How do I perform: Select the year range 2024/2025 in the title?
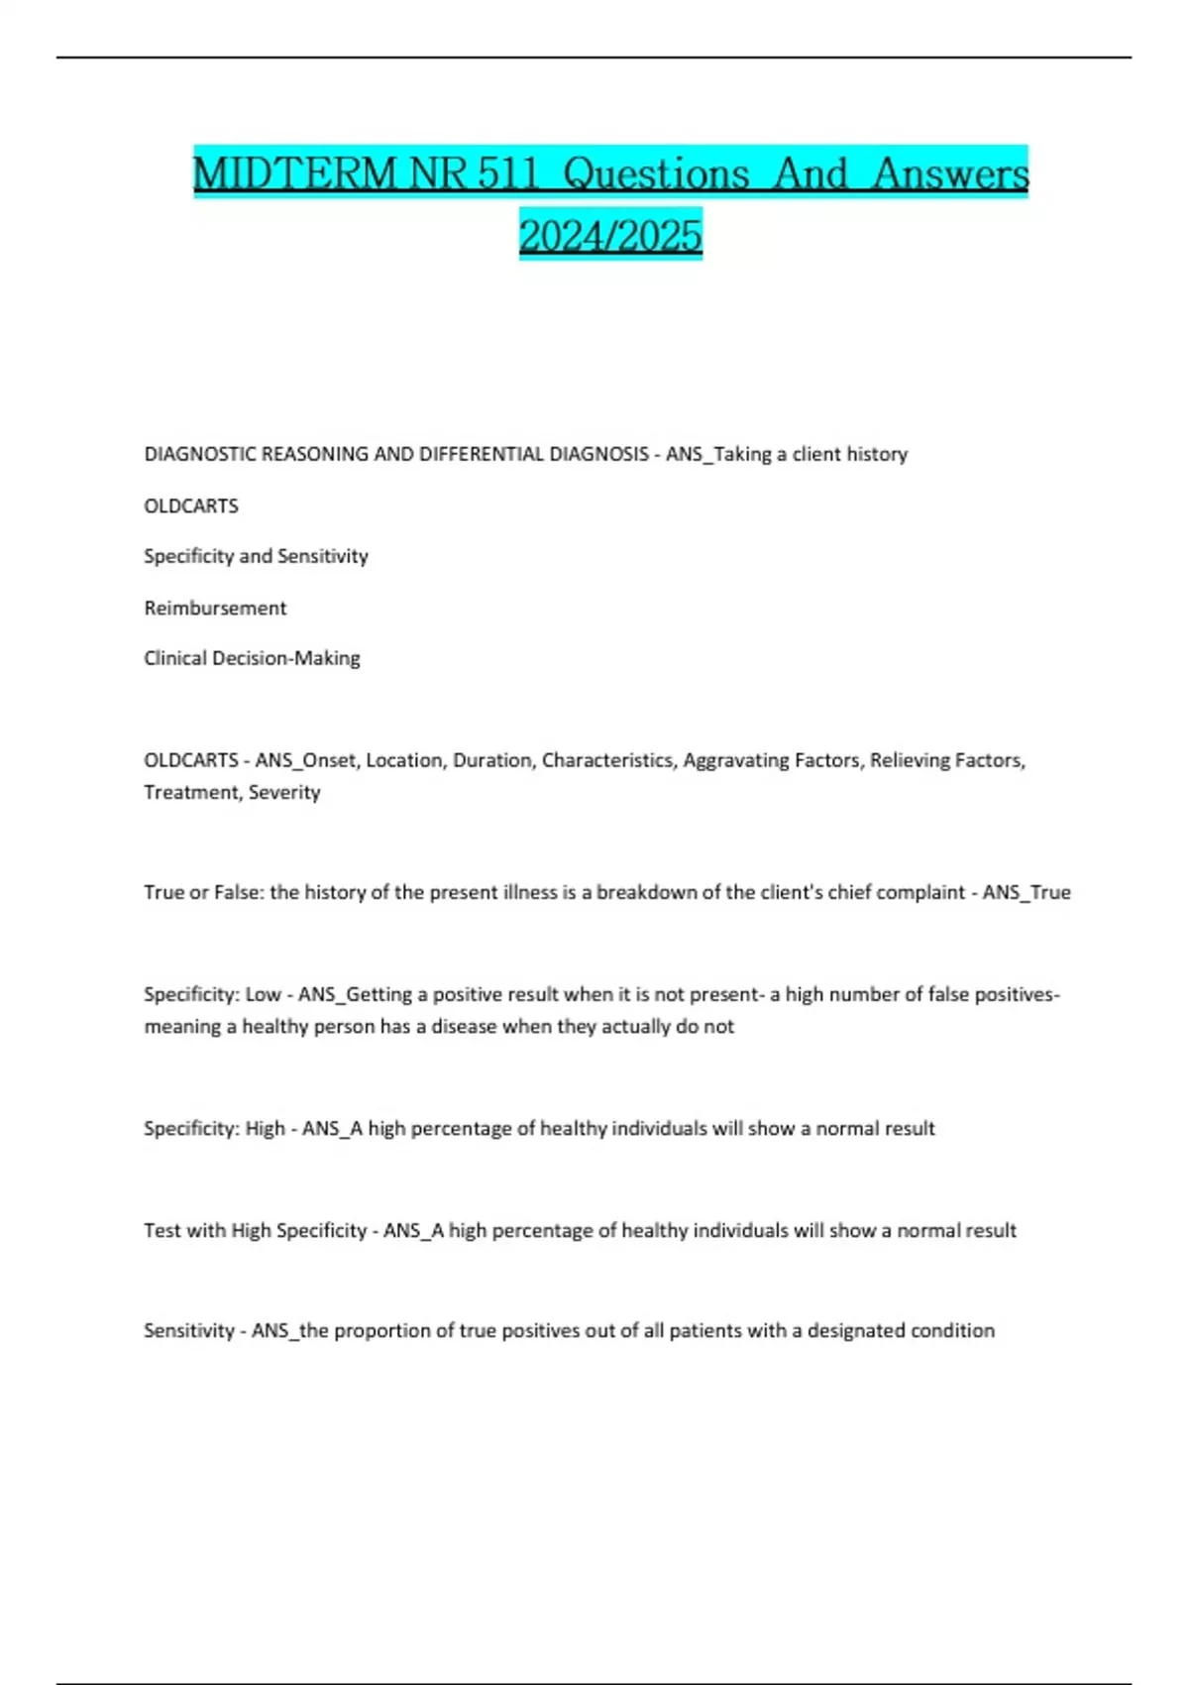coord(610,236)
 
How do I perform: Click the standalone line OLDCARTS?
coord(191,505)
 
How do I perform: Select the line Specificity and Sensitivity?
coord(256,556)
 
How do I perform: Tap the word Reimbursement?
coord(215,608)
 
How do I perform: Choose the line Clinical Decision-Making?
coord(252,658)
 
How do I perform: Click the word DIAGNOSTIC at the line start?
coord(199,454)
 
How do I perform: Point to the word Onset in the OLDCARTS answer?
coord(331,760)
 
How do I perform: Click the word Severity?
coord(284,792)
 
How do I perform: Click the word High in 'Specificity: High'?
coord(266,1128)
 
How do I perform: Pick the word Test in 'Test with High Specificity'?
coord(162,1230)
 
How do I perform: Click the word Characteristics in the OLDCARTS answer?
coord(607,760)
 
